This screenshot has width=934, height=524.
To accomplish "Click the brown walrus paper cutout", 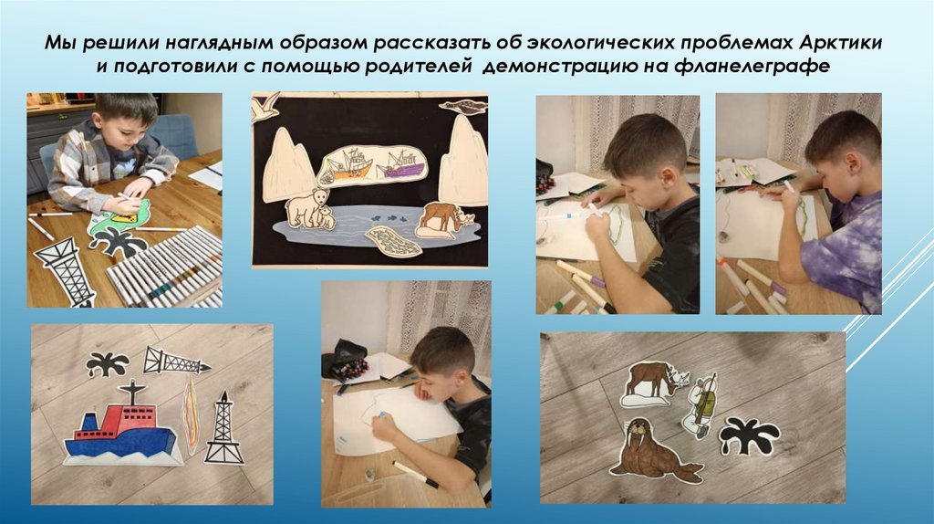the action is click(x=655, y=449).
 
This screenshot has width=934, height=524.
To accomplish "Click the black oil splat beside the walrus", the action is click(x=749, y=435).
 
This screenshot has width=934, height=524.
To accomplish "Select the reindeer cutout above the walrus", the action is click(x=654, y=384).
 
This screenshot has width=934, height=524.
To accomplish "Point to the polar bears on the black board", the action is click(x=309, y=209).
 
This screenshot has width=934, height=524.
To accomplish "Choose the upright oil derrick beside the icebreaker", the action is click(x=224, y=428).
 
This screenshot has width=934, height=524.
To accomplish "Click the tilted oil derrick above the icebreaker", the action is click(x=176, y=361).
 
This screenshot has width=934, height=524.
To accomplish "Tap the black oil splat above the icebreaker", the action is click(x=108, y=363).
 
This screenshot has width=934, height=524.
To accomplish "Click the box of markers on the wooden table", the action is click(x=165, y=267).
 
